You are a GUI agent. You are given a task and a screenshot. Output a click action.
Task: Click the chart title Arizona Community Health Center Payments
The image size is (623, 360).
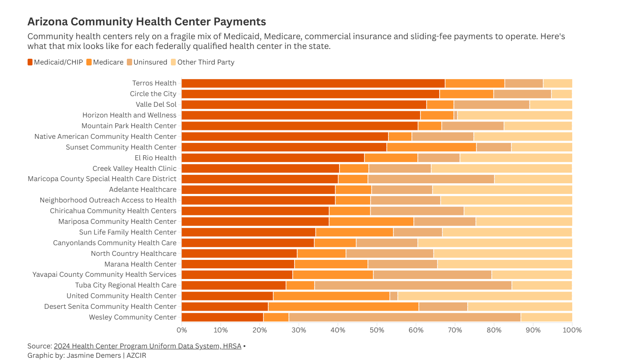[x=146, y=22]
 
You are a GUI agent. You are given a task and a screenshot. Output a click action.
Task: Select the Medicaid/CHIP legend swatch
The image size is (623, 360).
[x=30, y=62]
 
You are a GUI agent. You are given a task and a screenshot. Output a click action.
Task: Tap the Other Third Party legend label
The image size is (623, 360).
[x=206, y=62]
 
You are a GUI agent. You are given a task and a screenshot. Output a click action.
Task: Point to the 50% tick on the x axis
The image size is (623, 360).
[x=377, y=330]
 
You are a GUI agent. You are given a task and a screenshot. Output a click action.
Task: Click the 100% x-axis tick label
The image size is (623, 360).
[x=572, y=330]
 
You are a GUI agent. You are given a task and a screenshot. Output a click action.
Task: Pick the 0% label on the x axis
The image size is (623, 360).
[x=182, y=330]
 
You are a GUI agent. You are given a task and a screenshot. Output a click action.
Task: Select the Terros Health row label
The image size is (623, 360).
[x=154, y=83]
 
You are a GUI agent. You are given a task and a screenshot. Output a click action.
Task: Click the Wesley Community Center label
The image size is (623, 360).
[x=133, y=317]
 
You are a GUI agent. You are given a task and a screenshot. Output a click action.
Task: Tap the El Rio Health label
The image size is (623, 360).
[x=155, y=158]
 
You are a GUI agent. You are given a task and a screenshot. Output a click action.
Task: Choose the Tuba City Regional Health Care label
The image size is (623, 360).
[x=125, y=285]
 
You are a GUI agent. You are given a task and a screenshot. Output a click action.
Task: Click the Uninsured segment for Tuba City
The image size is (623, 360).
[x=413, y=285]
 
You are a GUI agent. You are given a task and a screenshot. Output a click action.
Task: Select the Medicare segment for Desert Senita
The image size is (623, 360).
[x=343, y=307]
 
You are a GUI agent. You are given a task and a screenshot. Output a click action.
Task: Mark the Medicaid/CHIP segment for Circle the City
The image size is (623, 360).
[x=310, y=94]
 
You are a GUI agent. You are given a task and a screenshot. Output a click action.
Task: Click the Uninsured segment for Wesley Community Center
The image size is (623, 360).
[x=405, y=317]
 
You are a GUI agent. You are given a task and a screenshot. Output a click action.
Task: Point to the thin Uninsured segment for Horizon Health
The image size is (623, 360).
[x=456, y=115]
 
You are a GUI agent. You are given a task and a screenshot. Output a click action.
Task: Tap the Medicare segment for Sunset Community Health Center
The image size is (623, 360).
[x=431, y=147]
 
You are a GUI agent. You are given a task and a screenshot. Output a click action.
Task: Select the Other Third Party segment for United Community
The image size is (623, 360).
[x=485, y=296]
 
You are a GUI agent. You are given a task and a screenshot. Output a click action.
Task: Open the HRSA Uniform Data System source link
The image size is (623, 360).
[x=147, y=346]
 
